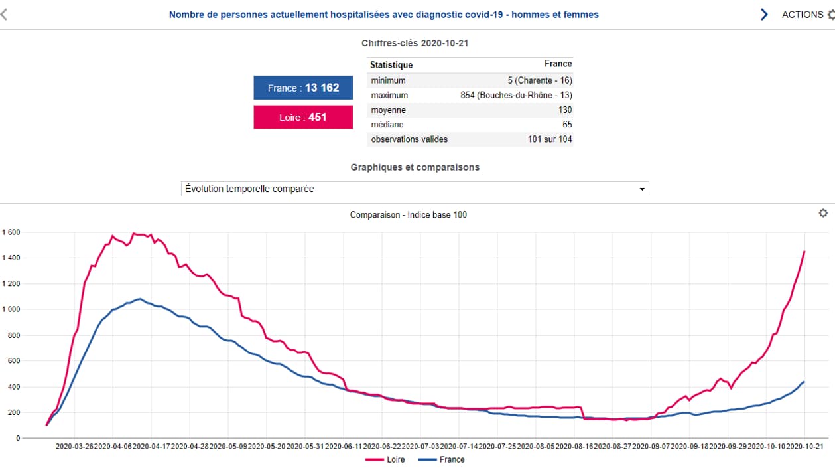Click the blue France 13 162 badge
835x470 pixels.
(303, 88)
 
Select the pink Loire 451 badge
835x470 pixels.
(303, 117)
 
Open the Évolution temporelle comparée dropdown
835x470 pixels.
(415, 189)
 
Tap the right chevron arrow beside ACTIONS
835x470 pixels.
(764, 15)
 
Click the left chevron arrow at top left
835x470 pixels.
(4, 15)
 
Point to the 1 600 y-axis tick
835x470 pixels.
(11, 232)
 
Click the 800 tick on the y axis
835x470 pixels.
(14, 335)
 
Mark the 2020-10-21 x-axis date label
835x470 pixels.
(804, 447)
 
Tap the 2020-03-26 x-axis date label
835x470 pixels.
(74, 447)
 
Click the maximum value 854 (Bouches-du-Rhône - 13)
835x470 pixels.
(516, 95)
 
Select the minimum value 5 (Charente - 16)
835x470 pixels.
(540, 80)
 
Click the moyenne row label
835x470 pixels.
(389, 110)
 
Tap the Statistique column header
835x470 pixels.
(391, 64)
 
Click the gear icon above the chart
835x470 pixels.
(823, 213)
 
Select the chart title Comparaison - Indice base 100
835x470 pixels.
(408, 214)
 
